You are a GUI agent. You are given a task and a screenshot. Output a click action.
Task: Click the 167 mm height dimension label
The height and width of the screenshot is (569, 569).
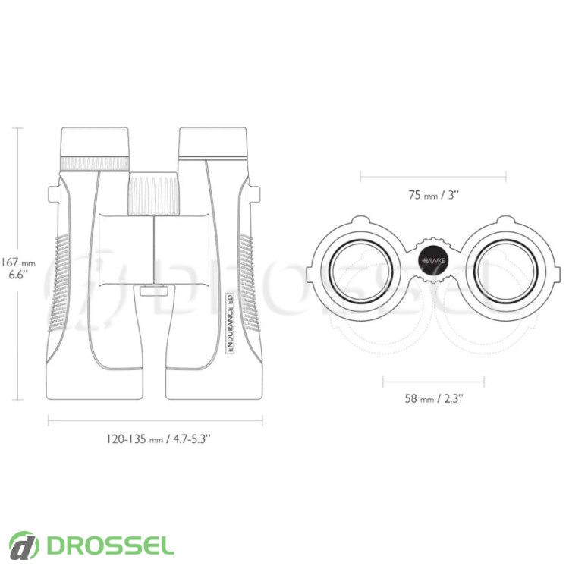tap(18, 268)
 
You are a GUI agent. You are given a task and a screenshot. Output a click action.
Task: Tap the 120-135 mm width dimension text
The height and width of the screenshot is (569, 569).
tap(159, 439)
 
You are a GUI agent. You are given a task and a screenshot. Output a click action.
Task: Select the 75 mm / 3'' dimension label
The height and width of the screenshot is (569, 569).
tap(434, 195)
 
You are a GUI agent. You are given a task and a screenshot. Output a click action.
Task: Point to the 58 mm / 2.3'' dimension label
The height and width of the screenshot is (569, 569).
tap(434, 398)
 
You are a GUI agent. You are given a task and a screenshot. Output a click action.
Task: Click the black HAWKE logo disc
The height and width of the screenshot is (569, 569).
tap(434, 260)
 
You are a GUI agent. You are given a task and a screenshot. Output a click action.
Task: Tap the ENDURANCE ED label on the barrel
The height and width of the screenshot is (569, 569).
tap(230, 322)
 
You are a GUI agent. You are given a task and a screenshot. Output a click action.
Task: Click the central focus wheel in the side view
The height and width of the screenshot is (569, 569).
tap(154, 193)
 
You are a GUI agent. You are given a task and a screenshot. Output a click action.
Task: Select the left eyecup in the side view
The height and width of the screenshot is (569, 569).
tap(95, 142)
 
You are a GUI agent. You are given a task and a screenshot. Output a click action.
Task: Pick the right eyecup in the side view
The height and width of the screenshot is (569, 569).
tap(213, 143)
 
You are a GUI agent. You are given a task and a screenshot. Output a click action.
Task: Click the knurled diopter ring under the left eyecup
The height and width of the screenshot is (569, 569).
tap(95, 163)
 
